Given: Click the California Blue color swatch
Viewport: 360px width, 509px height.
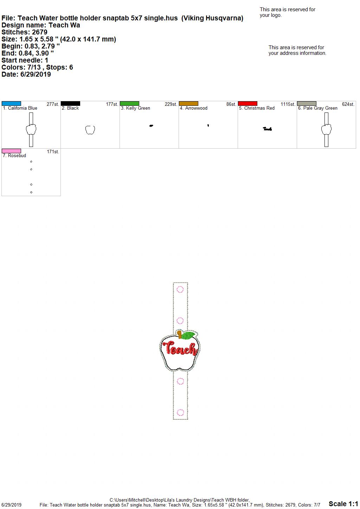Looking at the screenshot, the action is [x=11, y=103].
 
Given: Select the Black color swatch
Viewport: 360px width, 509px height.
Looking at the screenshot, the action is [x=70, y=103].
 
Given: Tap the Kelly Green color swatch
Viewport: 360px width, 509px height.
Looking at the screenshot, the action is [x=129, y=103].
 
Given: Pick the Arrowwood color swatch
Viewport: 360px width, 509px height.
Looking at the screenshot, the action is [x=189, y=103].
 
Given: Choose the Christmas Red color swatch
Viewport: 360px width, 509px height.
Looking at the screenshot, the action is [x=248, y=103].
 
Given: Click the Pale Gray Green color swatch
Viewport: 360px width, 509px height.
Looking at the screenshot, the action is [x=307, y=103].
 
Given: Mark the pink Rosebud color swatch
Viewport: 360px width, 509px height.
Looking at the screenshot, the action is [x=11, y=151].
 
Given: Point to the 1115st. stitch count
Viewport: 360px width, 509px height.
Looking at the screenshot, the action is [x=288, y=104].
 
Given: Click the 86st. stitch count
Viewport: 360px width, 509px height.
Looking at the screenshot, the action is [x=231, y=104].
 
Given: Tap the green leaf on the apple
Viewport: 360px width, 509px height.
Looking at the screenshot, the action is [x=188, y=335].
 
